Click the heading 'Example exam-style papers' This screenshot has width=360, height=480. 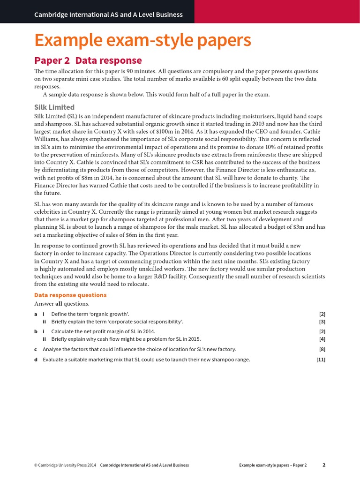pyautogui.click(x=142, y=41)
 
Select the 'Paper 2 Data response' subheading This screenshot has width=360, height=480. pyautogui.click(x=88, y=60)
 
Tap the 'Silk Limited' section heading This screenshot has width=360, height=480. pyautogui.click(x=54, y=107)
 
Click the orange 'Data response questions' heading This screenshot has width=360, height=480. pyautogui.click(x=70, y=295)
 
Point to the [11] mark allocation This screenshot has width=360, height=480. pyautogui.click(x=321, y=360)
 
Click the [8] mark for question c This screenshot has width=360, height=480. pyautogui.click(x=322, y=350)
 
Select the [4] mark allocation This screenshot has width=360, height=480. pyautogui.click(x=322, y=339)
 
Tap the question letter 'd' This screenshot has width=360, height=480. pyautogui.click(x=36, y=360)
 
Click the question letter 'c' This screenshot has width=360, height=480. pyautogui.click(x=36, y=350)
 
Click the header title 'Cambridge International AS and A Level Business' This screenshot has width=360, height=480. pyautogui.click(x=108, y=15)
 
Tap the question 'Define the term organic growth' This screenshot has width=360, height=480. pyautogui.click(x=90, y=314)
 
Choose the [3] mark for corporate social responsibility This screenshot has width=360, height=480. pyautogui.click(x=322, y=322)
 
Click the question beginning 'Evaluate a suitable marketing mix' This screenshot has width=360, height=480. pyautogui.click(x=146, y=360)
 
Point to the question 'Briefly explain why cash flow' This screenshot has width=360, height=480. pyautogui.click(x=118, y=339)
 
